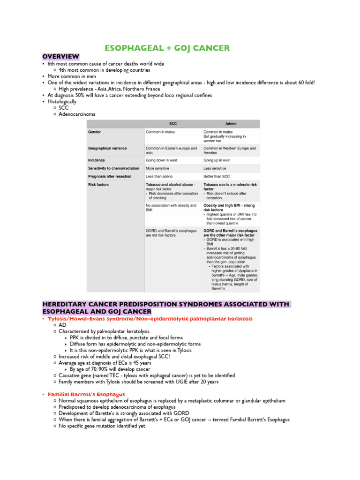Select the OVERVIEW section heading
60,57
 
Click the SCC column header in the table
172,123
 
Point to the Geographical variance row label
107,148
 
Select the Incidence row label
97,160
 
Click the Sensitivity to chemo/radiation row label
113,168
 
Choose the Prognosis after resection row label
110,176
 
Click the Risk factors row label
98,185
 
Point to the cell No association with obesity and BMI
171,208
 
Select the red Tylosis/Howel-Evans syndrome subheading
150,319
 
